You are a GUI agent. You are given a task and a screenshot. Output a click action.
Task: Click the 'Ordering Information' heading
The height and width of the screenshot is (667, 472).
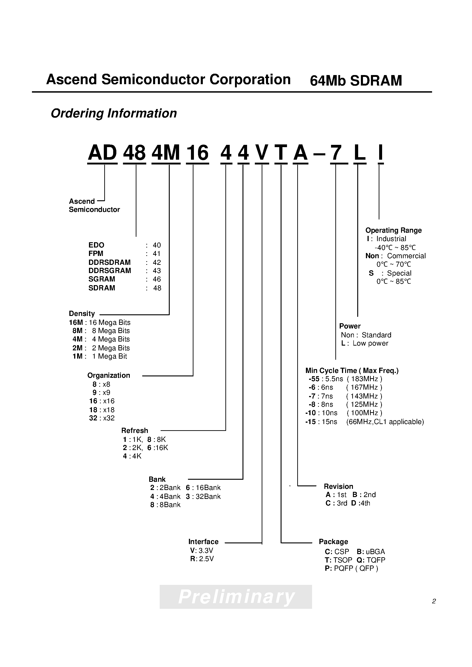[114, 113]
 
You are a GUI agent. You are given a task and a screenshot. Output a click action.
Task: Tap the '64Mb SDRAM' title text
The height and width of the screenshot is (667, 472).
[356, 81]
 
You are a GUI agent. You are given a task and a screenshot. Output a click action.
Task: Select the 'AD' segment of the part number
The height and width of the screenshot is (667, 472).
[102, 153]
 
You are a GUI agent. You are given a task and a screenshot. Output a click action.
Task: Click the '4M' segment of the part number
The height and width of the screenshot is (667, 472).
[166, 153]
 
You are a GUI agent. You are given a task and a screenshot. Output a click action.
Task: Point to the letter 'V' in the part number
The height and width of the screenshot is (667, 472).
[262, 153]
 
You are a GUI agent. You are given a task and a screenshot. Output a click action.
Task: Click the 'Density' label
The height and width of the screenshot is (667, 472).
[82, 314]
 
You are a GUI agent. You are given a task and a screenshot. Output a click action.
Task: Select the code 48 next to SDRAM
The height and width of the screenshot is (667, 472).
[157, 288]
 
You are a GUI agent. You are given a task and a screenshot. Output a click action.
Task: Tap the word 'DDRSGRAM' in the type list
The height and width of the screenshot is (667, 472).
[110, 271]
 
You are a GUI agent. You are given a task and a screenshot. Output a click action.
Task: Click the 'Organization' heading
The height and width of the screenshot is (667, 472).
[108, 375]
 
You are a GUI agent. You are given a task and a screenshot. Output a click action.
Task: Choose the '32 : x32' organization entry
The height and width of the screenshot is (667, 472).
[102, 418]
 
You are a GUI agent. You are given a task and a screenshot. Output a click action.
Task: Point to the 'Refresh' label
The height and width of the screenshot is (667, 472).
[135, 431]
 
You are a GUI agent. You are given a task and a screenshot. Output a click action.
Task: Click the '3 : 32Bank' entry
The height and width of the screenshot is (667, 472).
[203, 496]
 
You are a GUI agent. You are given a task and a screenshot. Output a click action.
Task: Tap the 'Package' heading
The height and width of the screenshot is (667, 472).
[333, 542]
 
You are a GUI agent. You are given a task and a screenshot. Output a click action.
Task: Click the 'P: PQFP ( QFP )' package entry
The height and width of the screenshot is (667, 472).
[351, 568]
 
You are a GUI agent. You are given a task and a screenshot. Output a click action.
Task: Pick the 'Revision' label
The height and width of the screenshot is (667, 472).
[338, 487]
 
